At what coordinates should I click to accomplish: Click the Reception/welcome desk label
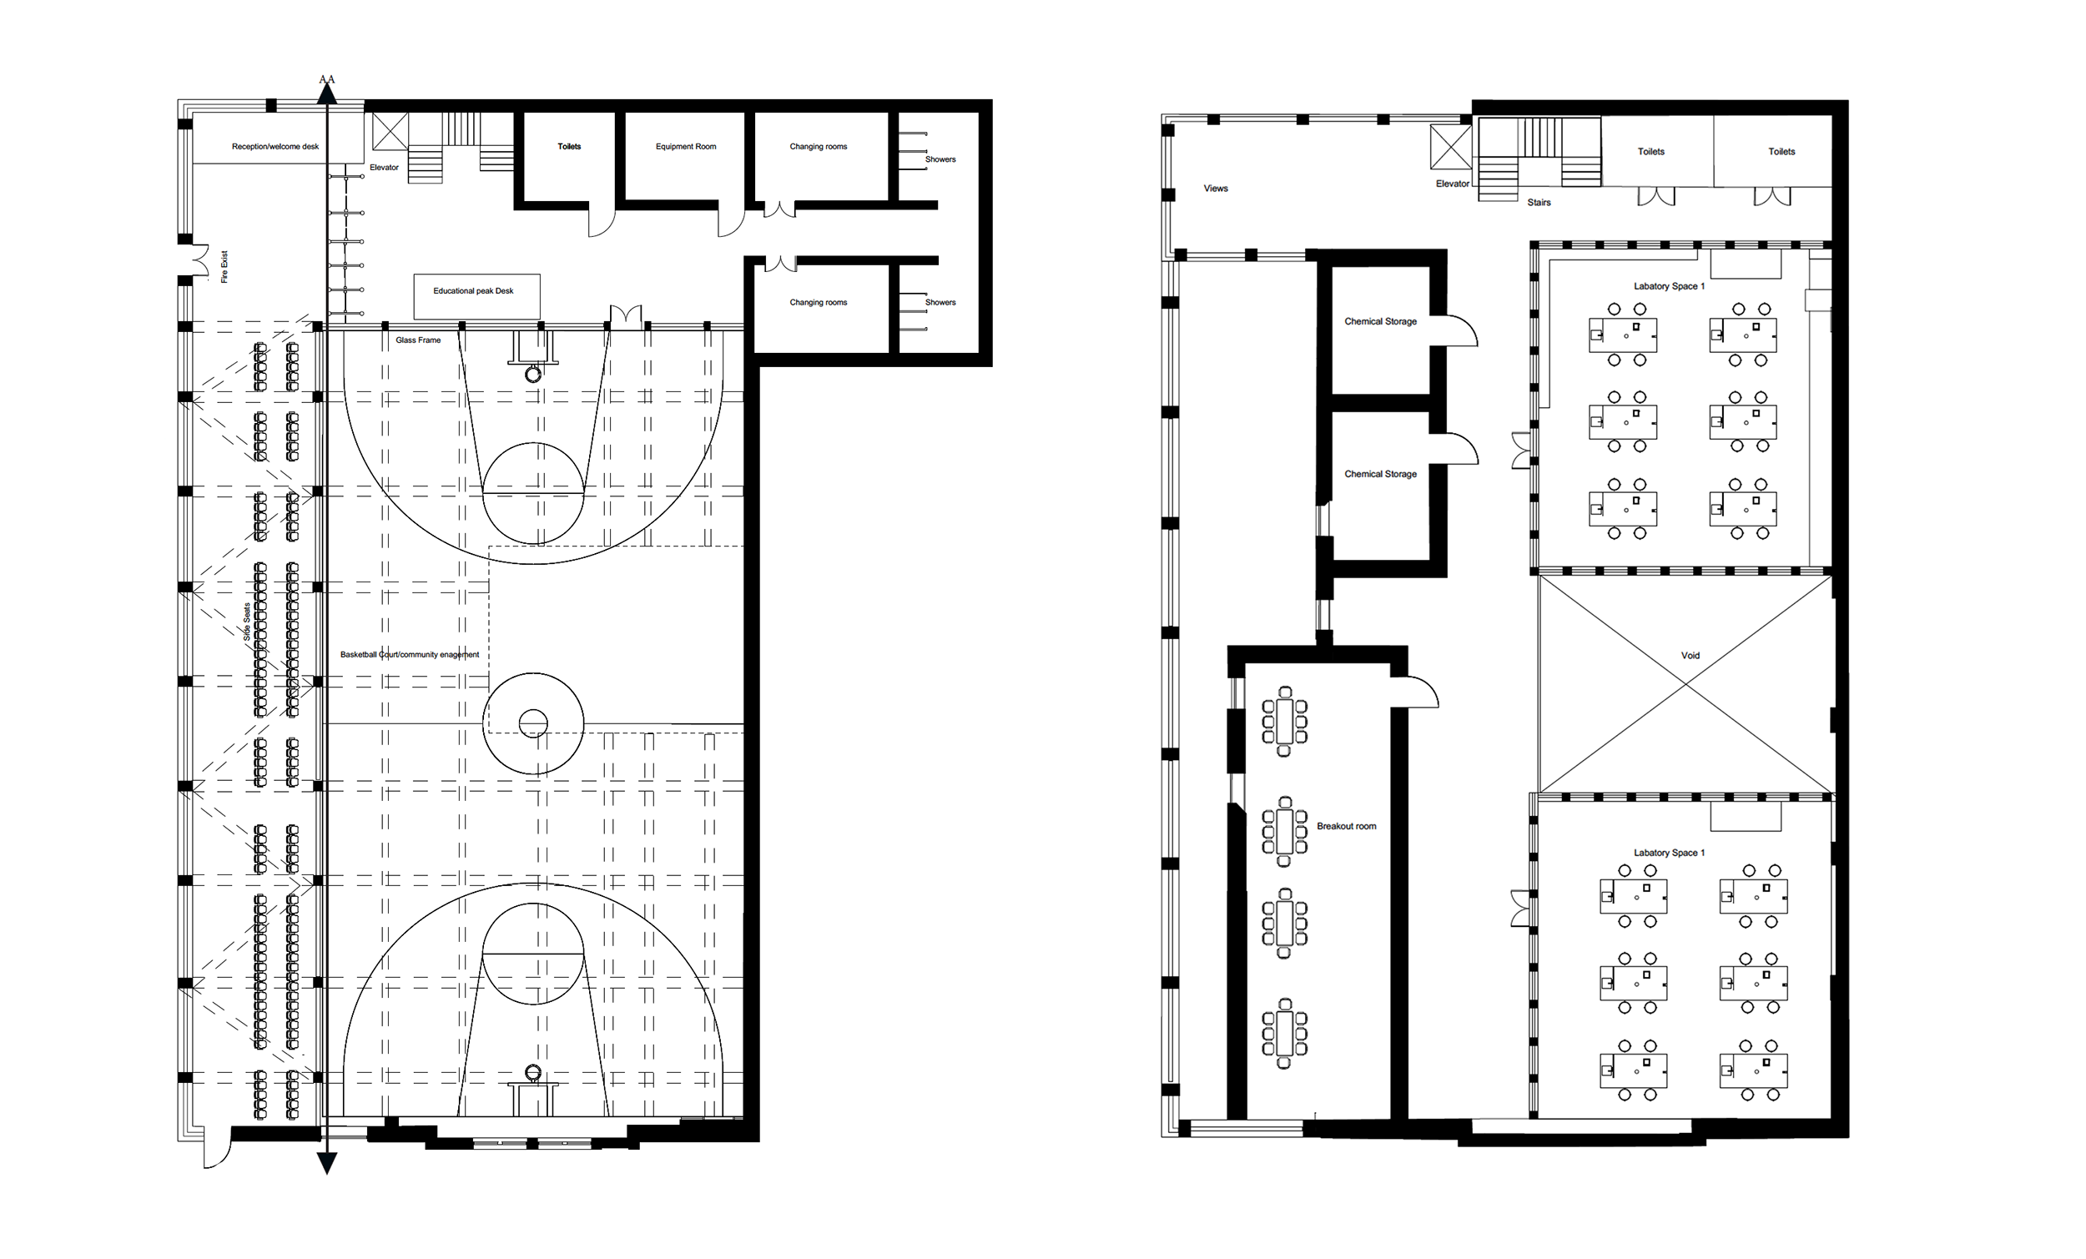275,147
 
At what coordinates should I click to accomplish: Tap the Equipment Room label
686,147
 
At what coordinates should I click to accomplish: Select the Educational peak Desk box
476,295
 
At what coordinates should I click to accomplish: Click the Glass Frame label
418,340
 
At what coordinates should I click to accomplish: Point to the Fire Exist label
224,267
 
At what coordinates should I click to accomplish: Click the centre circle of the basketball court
533,724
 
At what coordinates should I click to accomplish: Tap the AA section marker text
327,79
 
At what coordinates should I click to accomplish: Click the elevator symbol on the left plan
390,131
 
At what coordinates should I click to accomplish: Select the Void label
1690,655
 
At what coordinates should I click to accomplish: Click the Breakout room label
1346,826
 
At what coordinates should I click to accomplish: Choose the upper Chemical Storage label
1380,322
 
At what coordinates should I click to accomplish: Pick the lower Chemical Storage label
1380,474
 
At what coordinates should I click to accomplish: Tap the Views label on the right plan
1216,189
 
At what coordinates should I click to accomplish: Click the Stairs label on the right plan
1539,203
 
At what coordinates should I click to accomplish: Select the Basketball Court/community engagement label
410,654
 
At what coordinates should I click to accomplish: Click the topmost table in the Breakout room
1284,722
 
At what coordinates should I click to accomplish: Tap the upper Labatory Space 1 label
1669,286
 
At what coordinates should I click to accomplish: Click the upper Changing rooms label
818,147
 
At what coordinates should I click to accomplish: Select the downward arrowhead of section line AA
327,1164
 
